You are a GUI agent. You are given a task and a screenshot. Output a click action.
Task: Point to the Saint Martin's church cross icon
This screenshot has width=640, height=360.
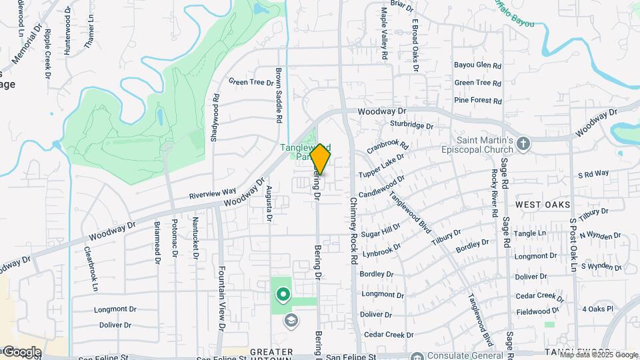pos(523,143)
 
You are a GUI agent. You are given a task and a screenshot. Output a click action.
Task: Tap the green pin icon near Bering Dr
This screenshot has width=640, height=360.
pos(283,293)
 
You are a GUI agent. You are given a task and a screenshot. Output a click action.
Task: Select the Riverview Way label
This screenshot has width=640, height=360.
pos(213,193)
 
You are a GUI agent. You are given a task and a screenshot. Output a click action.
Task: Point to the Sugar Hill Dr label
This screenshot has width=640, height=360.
pos(381,231)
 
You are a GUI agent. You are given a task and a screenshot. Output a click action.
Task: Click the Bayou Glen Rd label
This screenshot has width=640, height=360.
pos(477,65)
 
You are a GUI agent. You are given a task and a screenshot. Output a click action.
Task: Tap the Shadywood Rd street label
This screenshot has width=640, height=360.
pos(215,117)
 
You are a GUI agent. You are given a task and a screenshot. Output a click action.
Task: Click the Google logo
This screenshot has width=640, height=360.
pos(21,351)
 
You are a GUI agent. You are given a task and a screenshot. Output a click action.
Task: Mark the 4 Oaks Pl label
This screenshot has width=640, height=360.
pos(597,309)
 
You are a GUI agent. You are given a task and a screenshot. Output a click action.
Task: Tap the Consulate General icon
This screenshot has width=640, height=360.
pos(417,356)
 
